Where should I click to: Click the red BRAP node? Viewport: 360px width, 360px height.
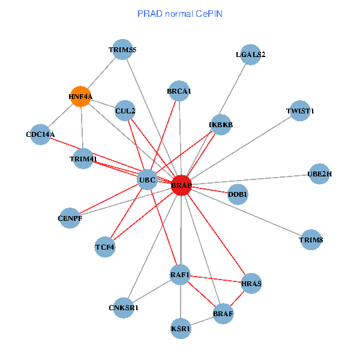coord(181,185)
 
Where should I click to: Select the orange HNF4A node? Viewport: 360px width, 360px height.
coord(80,96)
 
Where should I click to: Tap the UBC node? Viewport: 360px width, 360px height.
coord(148,179)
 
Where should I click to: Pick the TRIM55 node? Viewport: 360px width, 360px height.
coord(122,50)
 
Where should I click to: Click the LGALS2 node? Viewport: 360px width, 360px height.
coord(250,55)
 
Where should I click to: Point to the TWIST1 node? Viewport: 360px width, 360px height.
coord(300,111)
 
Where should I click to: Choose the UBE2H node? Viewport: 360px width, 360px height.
coord(319,174)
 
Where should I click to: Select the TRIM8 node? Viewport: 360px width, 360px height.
coord(311,240)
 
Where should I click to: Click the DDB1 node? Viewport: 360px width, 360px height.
coord(238,194)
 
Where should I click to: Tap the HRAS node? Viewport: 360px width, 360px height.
coord(251,283)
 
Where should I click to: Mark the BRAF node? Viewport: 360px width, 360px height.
coord(223,313)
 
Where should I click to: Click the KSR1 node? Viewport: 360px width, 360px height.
coord(181,329)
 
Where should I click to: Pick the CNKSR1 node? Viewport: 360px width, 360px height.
coord(124,308)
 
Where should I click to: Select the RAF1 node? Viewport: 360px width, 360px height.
coord(180,275)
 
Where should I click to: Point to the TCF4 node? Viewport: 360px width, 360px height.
coord(105,247)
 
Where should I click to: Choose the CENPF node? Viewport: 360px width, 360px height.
coord(70,218)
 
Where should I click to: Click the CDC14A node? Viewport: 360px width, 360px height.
coord(41,134)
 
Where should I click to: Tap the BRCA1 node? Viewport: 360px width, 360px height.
coord(179,91)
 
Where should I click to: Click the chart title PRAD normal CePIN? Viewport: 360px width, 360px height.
coord(180,13)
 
